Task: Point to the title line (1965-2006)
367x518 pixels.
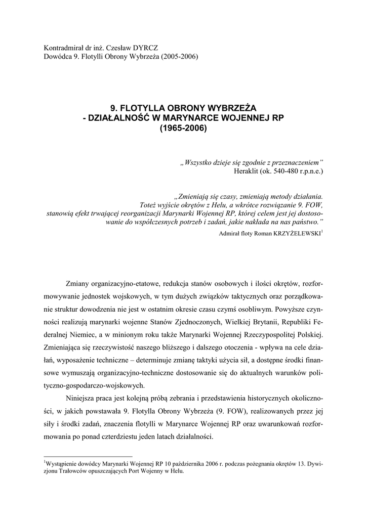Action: tap(183, 128)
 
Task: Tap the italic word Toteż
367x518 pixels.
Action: tap(149, 205)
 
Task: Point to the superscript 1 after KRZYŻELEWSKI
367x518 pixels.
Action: tap(323, 231)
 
